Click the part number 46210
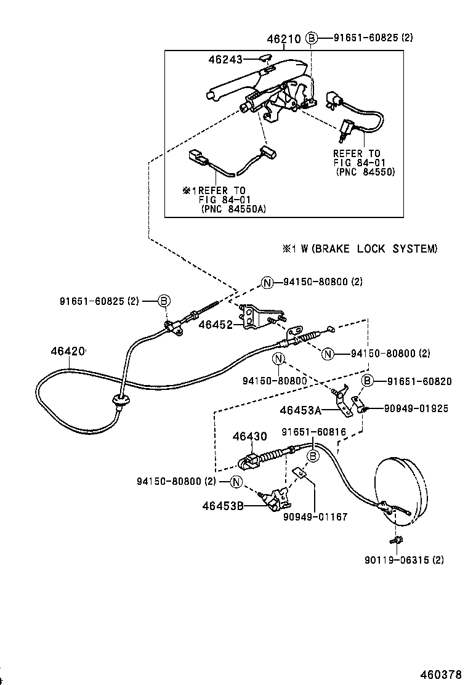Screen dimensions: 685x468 pyautogui.click(x=283, y=38)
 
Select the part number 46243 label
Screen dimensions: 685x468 pyautogui.click(x=225, y=59)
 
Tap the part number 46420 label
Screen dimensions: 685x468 pyautogui.click(x=67, y=351)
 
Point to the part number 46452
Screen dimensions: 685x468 pyautogui.click(x=215, y=324)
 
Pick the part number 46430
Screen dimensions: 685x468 pyautogui.click(x=249, y=437)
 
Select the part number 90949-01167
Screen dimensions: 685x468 pyautogui.click(x=315, y=517)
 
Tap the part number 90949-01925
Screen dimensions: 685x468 pyautogui.click(x=416, y=408)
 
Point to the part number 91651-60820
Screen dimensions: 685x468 pyautogui.click(x=418, y=381)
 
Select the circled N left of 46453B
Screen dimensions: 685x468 pyautogui.click(x=236, y=481)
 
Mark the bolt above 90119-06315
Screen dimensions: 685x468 pyautogui.click(x=397, y=541)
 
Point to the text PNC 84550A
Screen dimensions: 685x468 pyautogui.click(x=233, y=209)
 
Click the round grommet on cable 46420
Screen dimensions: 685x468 pyautogui.click(x=120, y=402)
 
